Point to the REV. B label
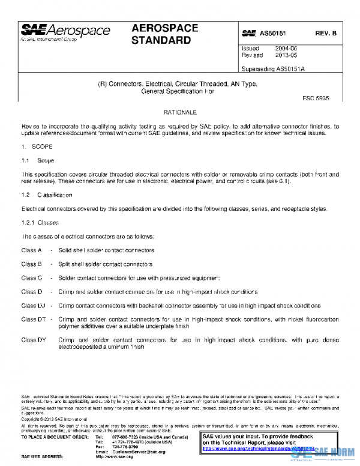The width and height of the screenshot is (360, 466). click(x=326, y=33)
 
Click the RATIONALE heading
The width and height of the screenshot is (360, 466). click(x=180, y=112)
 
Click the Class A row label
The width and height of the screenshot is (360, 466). click(x=31, y=250)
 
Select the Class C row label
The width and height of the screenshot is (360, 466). click(x=31, y=278)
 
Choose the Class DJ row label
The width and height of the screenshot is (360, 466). click(x=33, y=306)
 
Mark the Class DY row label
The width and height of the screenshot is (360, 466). click(x=33, y=340)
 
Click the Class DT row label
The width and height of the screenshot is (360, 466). click(x=33, y=319)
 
